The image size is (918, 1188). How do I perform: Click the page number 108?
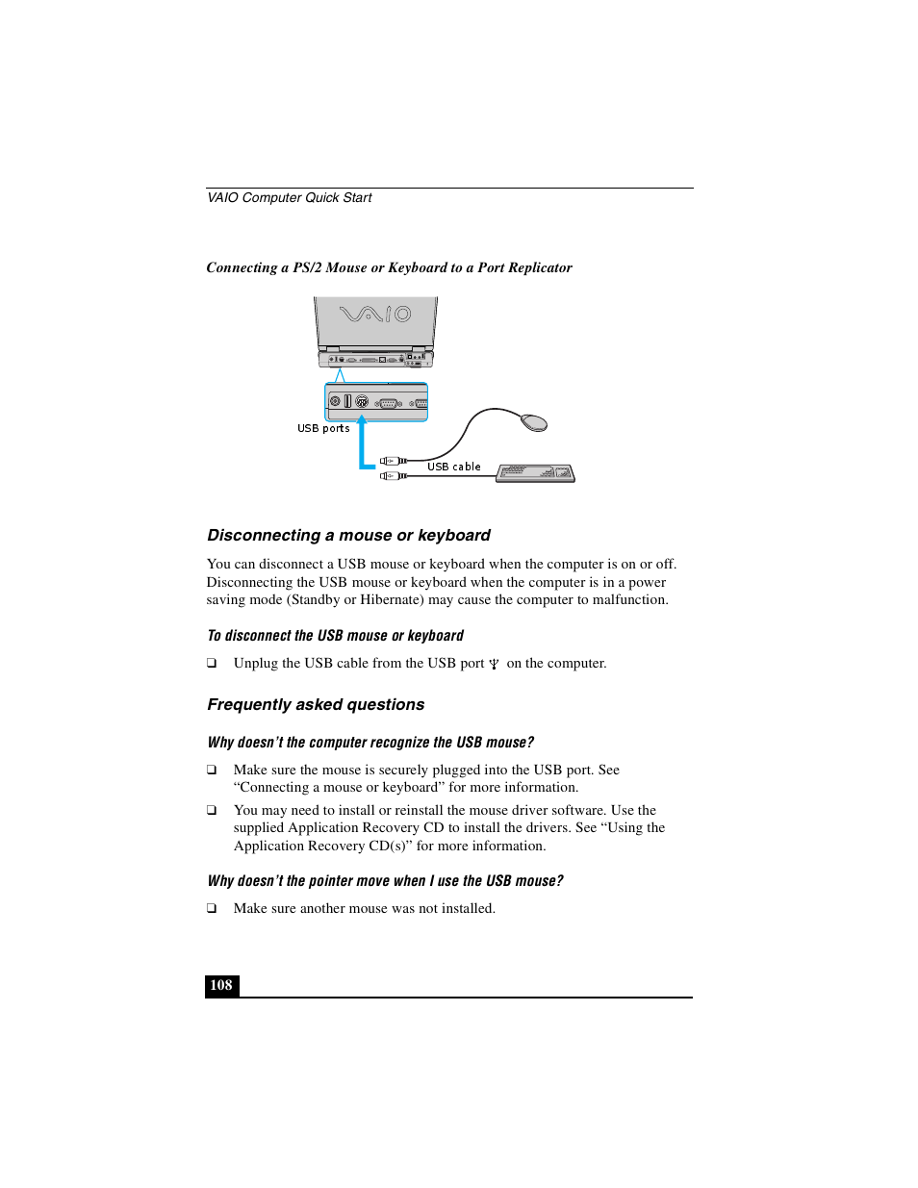pyautogui.click(x=221, y=985)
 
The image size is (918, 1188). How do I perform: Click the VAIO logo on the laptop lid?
pyautogui.click(x=375, y=314)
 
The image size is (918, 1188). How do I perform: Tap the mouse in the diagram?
pyautogui.click(x=534, y=422)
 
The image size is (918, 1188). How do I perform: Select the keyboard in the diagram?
pyautogui.click(x=535, y=472)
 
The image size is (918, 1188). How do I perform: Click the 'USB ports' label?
pyautogui.click(x=323, y=429)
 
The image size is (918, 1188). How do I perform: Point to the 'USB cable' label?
pyautogui.click(x=454, y=467)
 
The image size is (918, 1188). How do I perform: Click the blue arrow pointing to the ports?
pyautogui.click(x=363, y=447)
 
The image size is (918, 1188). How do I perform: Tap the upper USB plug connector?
pyautogui.click(x=392, y=461)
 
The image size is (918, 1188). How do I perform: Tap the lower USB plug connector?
pyautogui.click(x=392, y=475)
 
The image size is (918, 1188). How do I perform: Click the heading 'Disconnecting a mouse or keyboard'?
pyautogui.click(x=348, y=536)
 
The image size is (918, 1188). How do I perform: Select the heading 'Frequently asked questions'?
pyautogui.click(x=316, y=705)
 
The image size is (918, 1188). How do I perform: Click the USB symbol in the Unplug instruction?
pyautogui.click(x=494, y=664)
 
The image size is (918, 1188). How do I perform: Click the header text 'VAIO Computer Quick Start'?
pyautogui.click(x=290, y=198)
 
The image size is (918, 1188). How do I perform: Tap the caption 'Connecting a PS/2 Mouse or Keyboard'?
pyautogui.click(x=389, y=268)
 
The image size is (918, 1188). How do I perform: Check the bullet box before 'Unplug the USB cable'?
pyautogui.click(x=212, y=664)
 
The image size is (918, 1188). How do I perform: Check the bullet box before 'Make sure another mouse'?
pyautogui.click(x=212, y=909)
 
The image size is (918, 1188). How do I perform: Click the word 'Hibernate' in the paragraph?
pyautogui.click(x=390, y=600)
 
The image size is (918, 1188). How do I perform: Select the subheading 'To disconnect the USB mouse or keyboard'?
pyautogui.click(x=335, y=636)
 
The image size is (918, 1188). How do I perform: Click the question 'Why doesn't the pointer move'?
pyautogui.click(x=385, y=881)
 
